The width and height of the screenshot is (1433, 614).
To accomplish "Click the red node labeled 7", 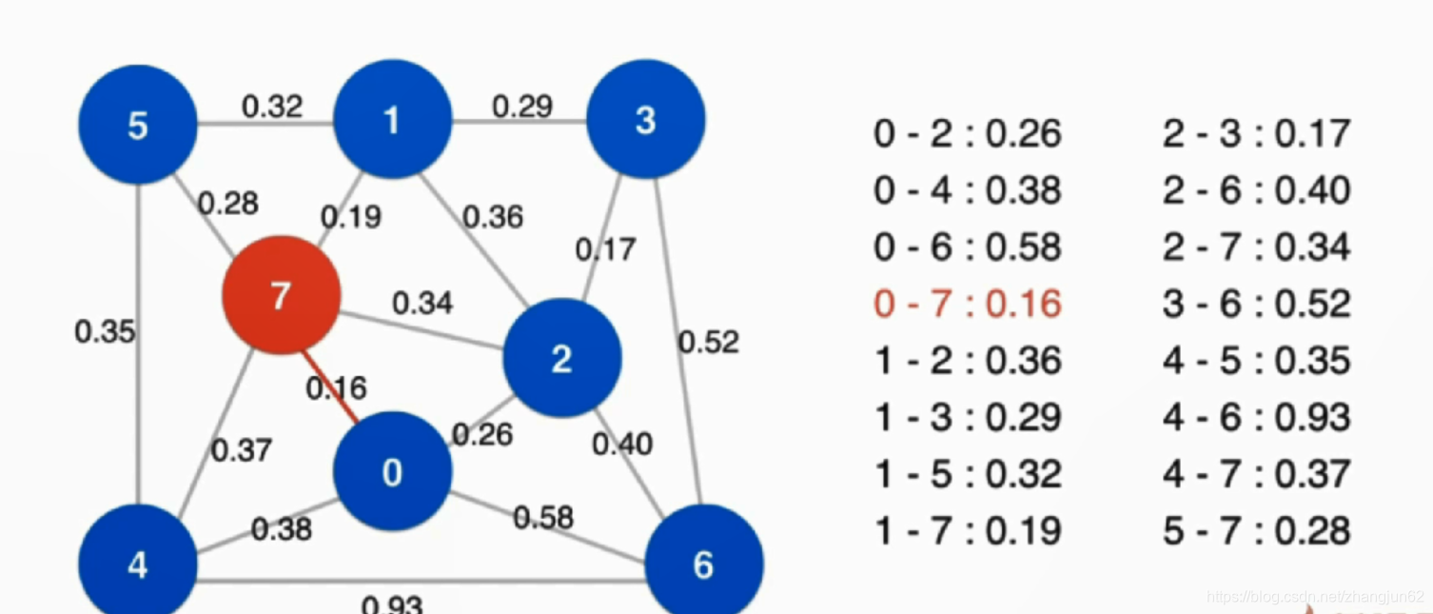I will coord(281,295).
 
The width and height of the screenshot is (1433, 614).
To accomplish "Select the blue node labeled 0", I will coord(392,471).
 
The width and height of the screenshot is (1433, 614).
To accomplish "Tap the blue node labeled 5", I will coord(138,125).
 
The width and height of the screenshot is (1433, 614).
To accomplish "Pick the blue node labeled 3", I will coord(645,120).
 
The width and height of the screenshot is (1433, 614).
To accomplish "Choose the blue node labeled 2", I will coord(561,358).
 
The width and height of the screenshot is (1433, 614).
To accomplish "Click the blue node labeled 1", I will coord(391,120).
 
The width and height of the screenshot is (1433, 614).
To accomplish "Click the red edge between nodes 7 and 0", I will coord(331,386).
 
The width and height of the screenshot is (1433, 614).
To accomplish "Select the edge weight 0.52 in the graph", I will coord(708,341).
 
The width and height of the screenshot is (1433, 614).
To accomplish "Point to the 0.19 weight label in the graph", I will coord(350,217).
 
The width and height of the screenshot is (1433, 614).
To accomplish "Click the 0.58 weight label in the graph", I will coord(543,517).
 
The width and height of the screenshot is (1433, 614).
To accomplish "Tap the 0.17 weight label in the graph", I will coord(605,249).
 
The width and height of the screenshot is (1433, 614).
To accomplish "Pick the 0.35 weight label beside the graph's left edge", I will coord(105,331).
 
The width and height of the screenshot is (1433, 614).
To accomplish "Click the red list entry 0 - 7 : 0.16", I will coord(967,304).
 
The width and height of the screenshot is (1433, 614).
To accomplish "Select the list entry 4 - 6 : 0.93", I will coord(1256,417).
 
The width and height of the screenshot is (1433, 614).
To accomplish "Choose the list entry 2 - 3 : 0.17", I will coord(1256,133).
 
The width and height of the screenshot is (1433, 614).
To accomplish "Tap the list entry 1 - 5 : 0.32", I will coord(967,474).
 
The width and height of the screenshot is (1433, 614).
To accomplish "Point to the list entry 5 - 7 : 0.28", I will coord(1256,530).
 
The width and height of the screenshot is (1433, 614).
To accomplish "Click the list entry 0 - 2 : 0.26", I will coord(967,133).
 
